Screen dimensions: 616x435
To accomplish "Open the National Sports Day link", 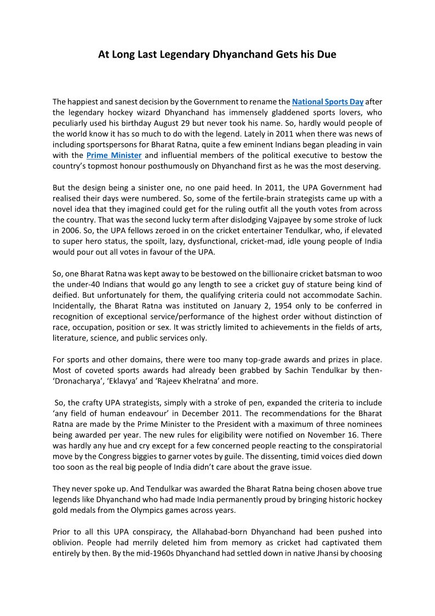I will (x=328, y=101).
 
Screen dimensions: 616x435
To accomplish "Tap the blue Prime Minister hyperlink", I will (x=114, y=156).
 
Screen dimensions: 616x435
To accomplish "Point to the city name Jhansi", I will (x=325, y=552).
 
